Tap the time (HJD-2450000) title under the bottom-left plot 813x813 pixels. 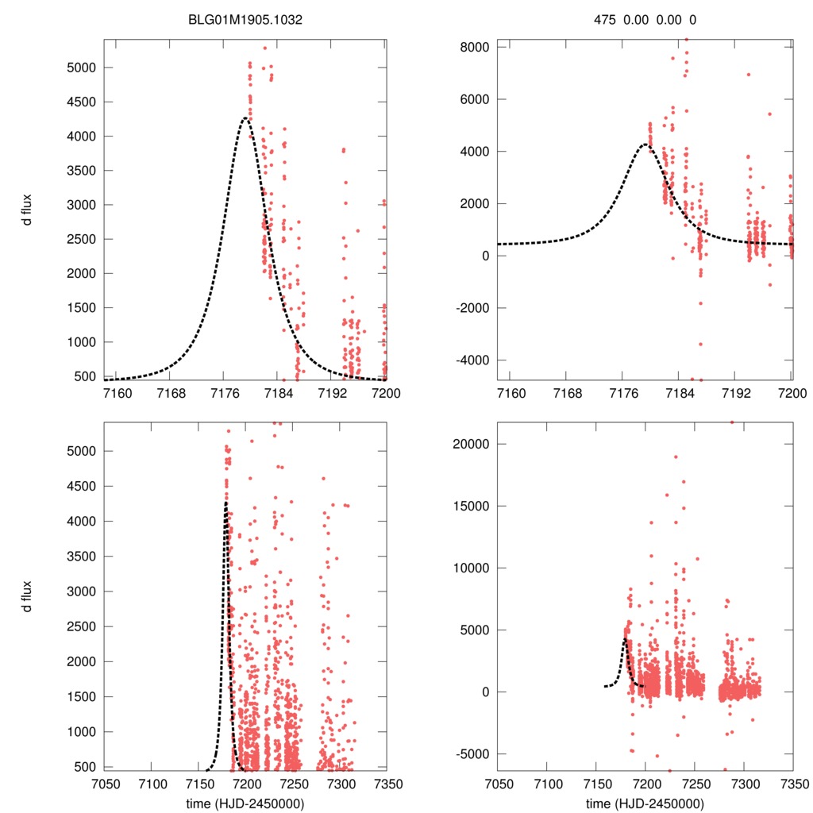(245, 803)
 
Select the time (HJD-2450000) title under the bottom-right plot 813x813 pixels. (645, 803)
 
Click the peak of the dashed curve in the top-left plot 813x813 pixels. (245, 118)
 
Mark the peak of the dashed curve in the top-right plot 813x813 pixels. (644, 144)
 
